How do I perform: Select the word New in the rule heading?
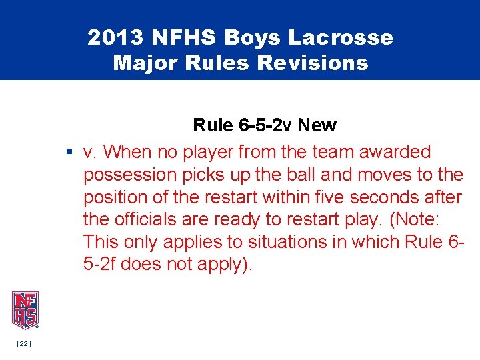coord(317,125)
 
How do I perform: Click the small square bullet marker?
coord(69,153)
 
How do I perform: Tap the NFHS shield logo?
coord(25,310)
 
